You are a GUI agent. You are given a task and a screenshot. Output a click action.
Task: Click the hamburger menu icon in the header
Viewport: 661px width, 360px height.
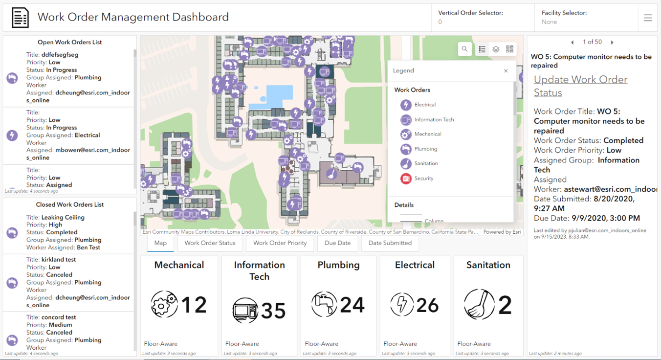[648, 18]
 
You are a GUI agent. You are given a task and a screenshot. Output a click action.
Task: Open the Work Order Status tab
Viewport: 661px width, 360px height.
[210, 243]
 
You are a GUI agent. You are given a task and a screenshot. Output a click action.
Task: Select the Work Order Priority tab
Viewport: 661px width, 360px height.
[280, 243]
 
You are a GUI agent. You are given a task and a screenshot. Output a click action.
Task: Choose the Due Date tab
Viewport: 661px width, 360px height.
[337, 243]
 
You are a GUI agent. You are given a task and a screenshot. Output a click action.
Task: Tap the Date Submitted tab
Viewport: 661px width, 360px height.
[390, 243]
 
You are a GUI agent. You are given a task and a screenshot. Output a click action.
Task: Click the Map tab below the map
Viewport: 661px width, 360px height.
[160, 243]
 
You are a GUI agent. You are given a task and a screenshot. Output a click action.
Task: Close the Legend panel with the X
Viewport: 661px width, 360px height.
[506, 71]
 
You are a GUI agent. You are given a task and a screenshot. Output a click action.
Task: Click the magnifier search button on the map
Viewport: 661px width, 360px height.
[464, 49]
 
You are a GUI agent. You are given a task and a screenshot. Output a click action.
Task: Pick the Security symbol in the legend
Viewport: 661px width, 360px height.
[406, 179]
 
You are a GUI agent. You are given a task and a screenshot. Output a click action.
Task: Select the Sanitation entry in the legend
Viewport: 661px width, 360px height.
[426, 163]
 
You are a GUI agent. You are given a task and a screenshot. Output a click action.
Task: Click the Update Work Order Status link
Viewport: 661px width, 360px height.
[580, 86]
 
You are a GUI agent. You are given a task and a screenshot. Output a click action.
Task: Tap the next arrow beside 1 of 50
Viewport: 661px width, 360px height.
[612, 43]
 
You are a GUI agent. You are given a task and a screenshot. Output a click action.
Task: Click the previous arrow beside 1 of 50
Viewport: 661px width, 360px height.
[573, 43]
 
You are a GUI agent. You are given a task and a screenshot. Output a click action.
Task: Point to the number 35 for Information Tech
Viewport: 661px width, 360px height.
[273, 311]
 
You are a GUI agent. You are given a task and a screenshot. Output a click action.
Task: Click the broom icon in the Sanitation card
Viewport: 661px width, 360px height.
[479, 304]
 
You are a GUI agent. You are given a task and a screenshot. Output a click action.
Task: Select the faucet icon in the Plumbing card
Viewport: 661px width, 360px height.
[324, 304]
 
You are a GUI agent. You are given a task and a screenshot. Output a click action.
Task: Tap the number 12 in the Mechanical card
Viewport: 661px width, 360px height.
[194, 305]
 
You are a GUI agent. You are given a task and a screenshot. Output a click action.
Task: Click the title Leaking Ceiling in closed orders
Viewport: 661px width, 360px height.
[63, 217]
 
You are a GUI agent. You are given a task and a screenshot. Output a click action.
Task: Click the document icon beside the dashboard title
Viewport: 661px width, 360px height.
[20, 18]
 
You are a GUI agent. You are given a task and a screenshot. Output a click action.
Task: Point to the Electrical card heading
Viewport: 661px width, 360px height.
[415, 265]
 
